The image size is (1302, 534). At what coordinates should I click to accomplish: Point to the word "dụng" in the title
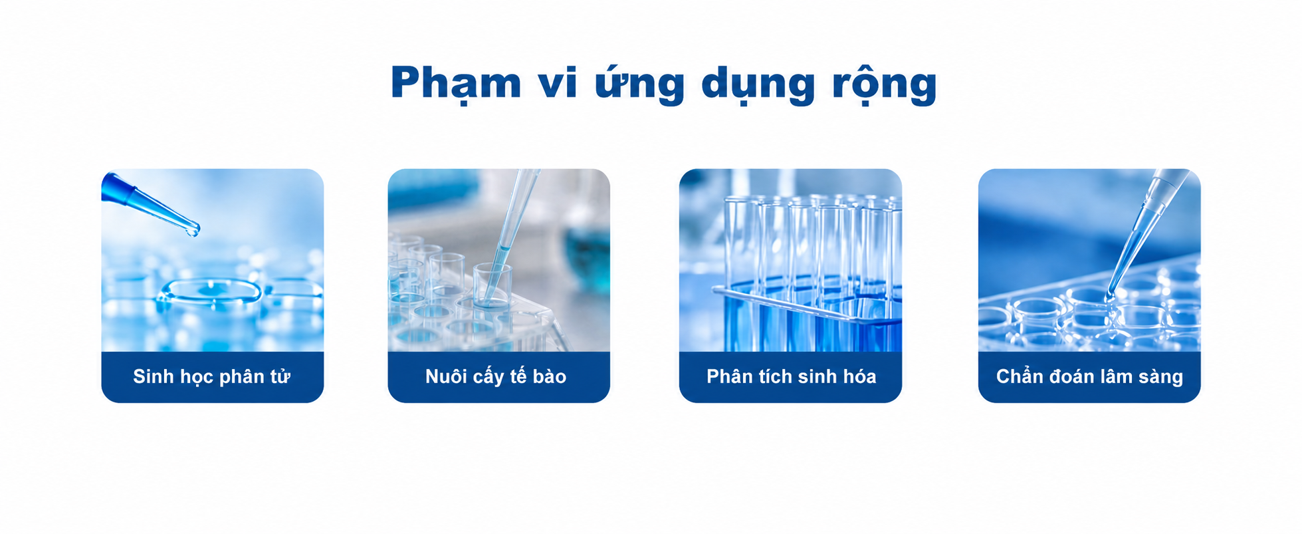758,85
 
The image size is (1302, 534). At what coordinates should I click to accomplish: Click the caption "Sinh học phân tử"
212,376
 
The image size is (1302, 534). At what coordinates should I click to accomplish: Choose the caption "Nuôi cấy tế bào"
496,376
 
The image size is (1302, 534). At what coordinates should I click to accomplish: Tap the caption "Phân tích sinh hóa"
791,376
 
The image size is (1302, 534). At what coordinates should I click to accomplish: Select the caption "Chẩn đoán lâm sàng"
1089,376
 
